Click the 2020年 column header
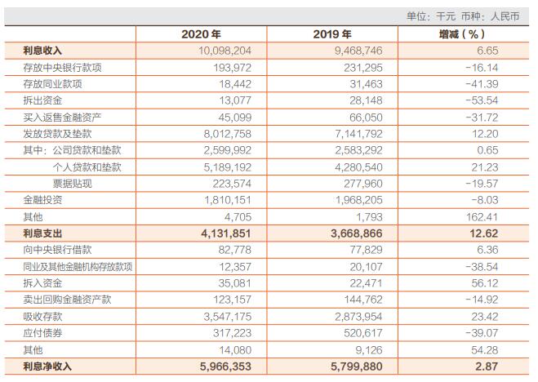coord(200,34)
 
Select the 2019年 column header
coord(332,34)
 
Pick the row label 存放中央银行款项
coord(64,67)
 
